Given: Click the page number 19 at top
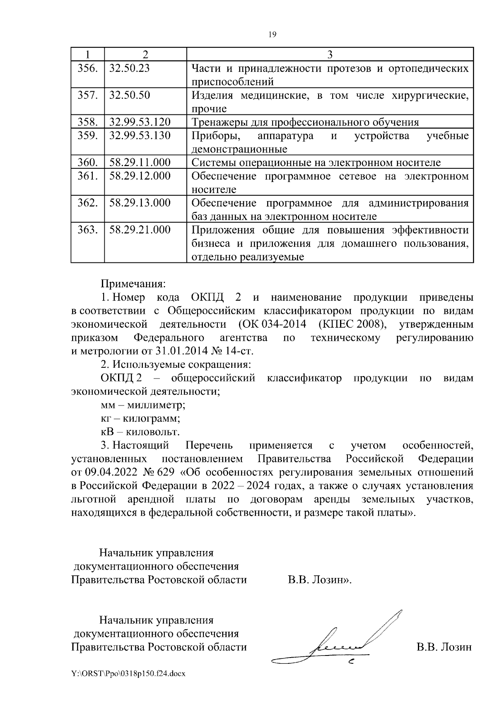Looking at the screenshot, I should tap(272, 34).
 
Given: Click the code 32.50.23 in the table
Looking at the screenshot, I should tap(129, 68).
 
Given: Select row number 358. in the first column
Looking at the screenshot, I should tap(87, 122).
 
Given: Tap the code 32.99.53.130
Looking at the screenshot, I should tap(140, 136).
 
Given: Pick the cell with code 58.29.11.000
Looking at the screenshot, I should tap(140, 163).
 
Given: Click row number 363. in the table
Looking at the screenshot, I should tap(87, 230).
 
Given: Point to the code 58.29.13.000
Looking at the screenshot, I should tap(140, 203).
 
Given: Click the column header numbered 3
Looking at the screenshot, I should tap(330, 54).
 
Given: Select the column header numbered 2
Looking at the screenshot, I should tap(145, 54).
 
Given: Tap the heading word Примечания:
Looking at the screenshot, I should tap(133, 284).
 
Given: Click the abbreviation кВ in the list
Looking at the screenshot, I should tap(106, 432).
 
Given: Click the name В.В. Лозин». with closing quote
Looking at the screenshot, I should tap(320, 580).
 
